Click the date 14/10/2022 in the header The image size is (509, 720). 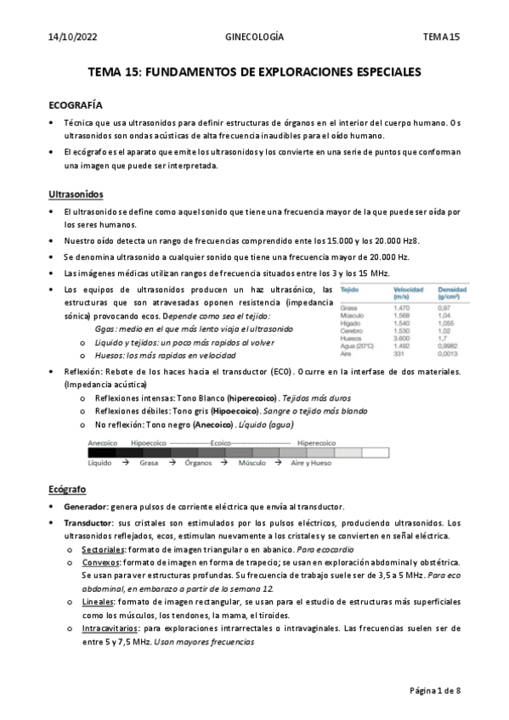point(72,37)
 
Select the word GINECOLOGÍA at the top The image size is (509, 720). point(254,37)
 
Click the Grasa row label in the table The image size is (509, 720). point(348,307)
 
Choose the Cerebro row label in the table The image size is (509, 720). point(352,330)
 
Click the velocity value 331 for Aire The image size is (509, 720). point(399,354)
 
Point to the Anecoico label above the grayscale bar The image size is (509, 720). point(103,442)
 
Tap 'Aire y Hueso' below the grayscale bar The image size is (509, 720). point(311,464)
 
